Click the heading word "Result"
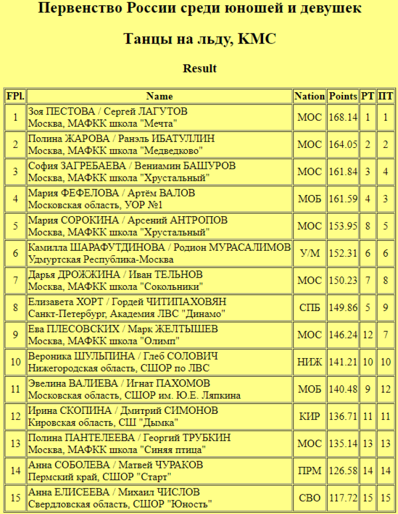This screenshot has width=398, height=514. (x=200, y=68)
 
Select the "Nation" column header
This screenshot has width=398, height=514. (x=309, y=96)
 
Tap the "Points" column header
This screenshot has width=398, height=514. (x=343, y=96)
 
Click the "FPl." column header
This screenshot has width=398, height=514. (x=15, y=96)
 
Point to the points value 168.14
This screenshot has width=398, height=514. (x=343, y=117)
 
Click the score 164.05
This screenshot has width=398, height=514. (x=343, y=145)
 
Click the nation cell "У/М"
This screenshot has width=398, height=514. (x=309, y=253)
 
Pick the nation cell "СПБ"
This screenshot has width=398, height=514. (x=309, y=308)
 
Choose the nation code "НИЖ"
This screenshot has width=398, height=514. (x=309, y=362)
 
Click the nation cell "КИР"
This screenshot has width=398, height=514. (x=309, y=416)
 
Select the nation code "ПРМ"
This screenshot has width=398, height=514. (x=309, y=471)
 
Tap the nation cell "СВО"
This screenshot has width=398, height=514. (x=309, y=498)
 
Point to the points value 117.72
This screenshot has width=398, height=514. (x=343, y=498)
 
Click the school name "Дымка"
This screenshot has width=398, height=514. (x=160, y=422)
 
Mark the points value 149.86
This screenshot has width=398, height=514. (x=343, y=308)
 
